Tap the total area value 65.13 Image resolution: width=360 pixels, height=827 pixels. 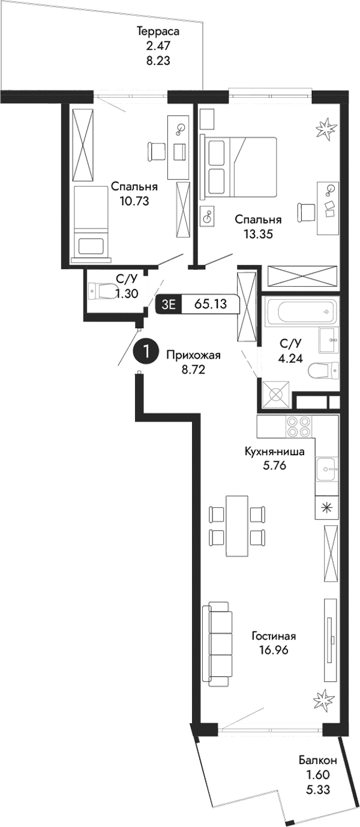tap(210, 304)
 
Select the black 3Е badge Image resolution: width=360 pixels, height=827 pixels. tap(169, 305)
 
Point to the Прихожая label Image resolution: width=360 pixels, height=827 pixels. tap(194, 355)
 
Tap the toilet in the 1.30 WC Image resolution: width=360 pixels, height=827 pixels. tap(103, 291)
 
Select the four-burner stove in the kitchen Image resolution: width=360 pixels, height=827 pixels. tap(298, 426)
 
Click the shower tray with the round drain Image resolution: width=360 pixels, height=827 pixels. tap(275, 395)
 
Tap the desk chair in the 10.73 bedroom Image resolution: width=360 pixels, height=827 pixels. tap(155, 151)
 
